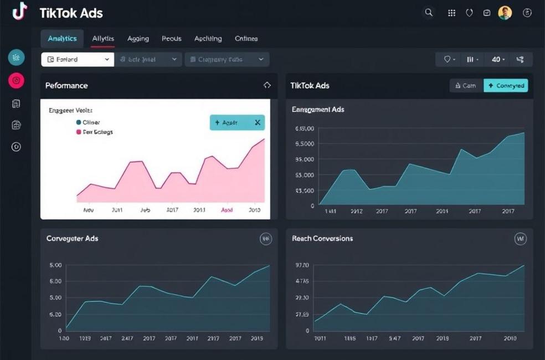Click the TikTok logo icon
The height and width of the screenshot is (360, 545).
pyautogui.click(x=19, y=11)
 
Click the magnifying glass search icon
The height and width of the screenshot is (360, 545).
pyautogui.click(x=428, y=13)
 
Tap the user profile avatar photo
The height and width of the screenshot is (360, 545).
pyautogui.click(x=505, y=13)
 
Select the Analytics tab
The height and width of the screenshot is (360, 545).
pyautogui.click(x=62, y=39)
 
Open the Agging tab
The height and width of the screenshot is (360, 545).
pyautogui.click(x=138, y=39)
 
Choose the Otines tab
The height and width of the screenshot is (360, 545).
pyautogui.click(x=246, y=39)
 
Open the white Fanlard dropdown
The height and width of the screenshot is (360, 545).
pyautogui.click(x=78, y=59)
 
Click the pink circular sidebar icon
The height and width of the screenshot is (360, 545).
pyautogui.click(x=17, y=80)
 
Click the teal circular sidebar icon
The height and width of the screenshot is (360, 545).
pyautogui.click(x=17, y=57)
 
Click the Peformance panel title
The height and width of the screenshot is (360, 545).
pyautogui.click(x=67, y=85)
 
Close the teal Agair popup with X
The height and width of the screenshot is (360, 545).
pyautogui.click(x=258, y=122)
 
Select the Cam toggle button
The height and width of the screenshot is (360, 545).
pyautogui.click(x=466, y=85)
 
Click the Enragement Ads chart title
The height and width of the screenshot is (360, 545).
pyautogui.click(x=318, y=110)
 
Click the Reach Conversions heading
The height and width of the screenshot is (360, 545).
pyautogui.click(x=322, y=239)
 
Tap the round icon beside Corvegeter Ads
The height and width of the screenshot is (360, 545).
pyautogui.click(x=266, y=239)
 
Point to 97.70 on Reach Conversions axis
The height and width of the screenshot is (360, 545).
pyautogui.click(x=302, y=265)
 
